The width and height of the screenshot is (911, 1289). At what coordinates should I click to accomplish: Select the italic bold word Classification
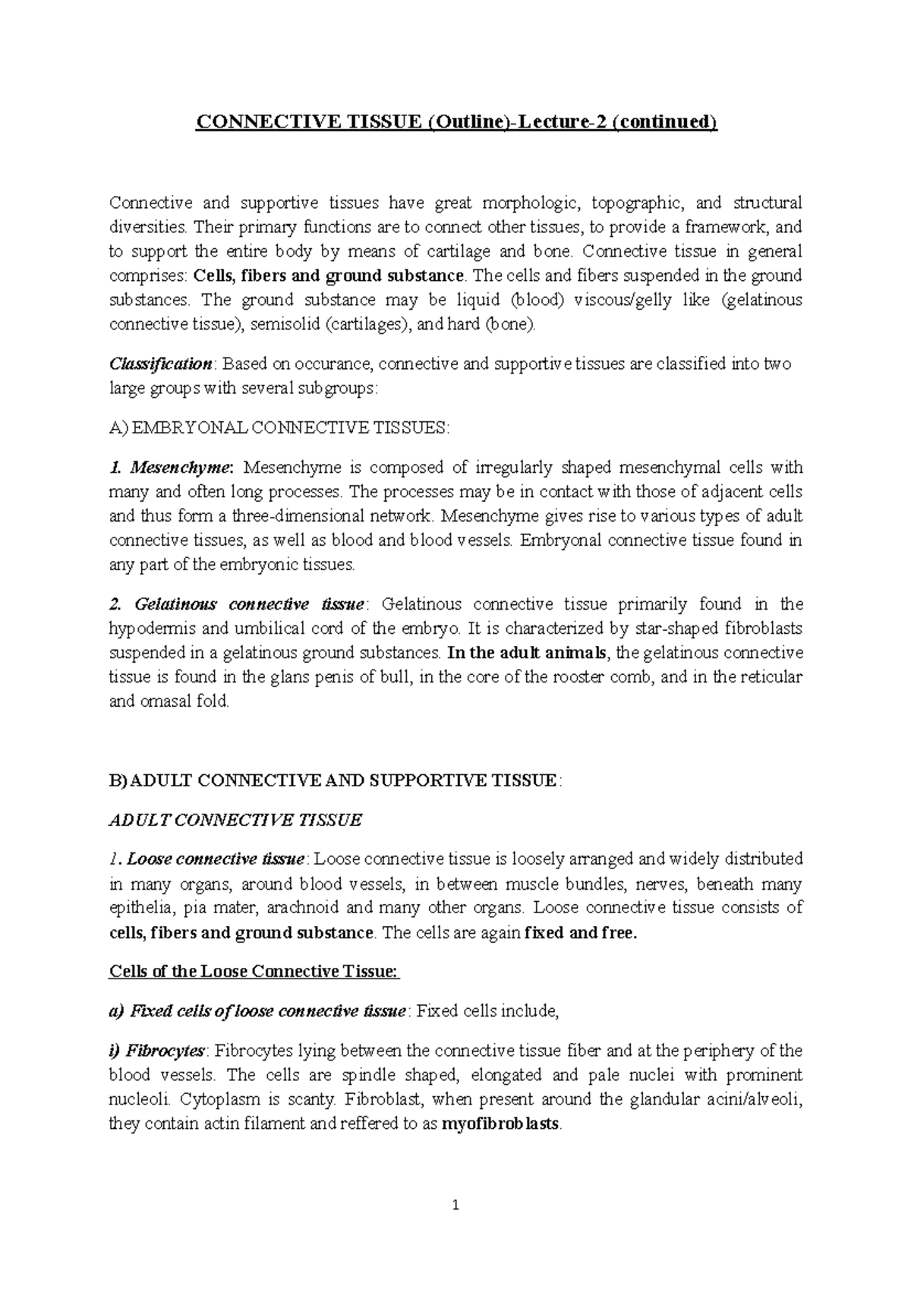pos(160,364)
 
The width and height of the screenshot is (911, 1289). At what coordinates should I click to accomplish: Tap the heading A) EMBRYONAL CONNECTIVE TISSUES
pos(279,427)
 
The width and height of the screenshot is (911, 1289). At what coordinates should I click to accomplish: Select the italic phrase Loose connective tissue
pos(216,859)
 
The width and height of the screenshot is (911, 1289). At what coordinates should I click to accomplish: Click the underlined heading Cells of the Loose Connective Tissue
pos(254,972)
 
